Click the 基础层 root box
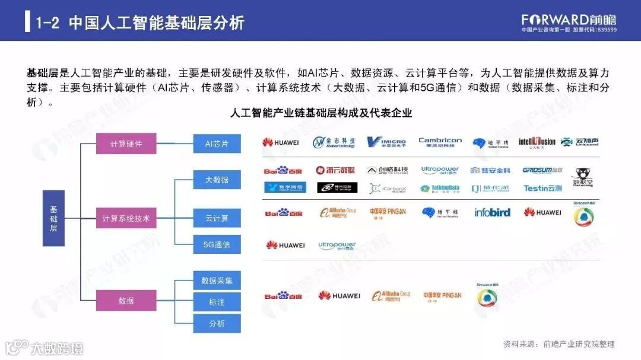[x=53, y=218]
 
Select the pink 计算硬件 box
[x=126, y=144]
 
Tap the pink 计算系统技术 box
[x=126, y=219]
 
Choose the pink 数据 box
[x=126, y=301]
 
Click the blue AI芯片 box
[x=217, y=144]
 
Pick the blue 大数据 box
[x=217, y=180]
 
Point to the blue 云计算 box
[x=217, y=218]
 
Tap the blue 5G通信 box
[x=217, y=244]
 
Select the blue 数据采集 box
[x=217, y=281]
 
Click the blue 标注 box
[x=217, y=302]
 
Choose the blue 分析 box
[x=217, y=323]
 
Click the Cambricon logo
[x=440, y=142]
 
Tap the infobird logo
[x=492, y=212]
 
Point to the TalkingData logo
[x=440, y=189]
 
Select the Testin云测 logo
[x=542, y=189]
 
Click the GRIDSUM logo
[x=542, y=170]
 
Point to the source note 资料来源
[x=559, y=344]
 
